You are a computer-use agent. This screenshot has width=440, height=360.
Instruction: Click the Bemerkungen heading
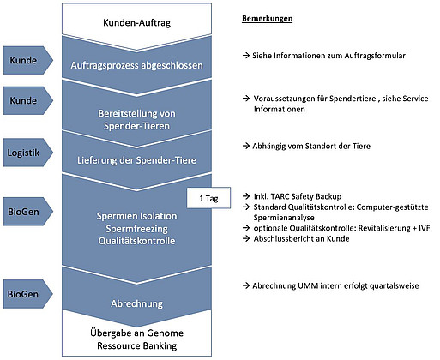(268, 19)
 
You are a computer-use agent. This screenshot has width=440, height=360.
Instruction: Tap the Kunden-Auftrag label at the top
(136, 22)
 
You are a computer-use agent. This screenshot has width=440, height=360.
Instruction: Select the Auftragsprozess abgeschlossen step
(136, 65)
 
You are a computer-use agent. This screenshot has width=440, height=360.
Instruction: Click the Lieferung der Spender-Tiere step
(136, 160)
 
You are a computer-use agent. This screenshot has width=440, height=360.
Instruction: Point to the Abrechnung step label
(136, 303)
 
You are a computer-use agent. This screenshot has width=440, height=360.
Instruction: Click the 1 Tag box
(208, 198)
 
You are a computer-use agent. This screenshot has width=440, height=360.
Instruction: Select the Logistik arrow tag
(28, 153)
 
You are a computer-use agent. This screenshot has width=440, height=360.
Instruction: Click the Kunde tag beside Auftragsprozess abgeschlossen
(28, 60)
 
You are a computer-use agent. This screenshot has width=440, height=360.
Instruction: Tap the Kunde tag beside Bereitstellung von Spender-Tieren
(28, 100)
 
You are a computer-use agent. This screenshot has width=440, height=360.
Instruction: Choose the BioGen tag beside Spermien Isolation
(28, 212)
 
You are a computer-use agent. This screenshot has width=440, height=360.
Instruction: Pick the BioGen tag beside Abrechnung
(28, 294)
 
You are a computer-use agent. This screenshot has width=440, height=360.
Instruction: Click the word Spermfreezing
(136, 229)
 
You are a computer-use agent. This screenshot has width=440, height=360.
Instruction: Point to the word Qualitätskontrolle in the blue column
(136, 241)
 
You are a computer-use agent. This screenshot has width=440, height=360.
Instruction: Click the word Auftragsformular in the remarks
(375, 56)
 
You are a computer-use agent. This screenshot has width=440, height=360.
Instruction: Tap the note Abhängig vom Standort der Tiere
(311, 146)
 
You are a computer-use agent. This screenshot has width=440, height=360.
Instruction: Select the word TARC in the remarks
(280, 196)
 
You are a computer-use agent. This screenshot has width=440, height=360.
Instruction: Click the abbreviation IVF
(425, 228)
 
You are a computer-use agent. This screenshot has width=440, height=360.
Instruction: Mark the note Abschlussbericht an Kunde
(301, 238)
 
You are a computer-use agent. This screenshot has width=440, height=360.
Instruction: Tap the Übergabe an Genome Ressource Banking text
(136, 339)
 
